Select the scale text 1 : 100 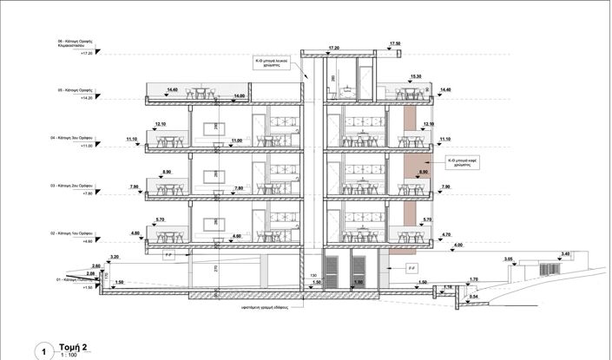pyautogui.click(x=69, y=355)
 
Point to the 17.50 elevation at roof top pyautogui.click(x=395, y=43)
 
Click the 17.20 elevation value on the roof pyautogui.click(x=334, y=49)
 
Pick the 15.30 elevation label pyautogui.click(x=415, y=76)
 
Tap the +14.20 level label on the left pyautogui.click(x=86, y=99)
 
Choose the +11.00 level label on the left pyautogui.click(x=85, y=146)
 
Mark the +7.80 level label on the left pyautogui.click(x=85, y=193)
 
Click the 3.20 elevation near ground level pyautogui.click(x=114, y=259)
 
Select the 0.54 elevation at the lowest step pyautogui.click(x=472, y=298)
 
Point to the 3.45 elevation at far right pyautogui.click(x=565, y=253)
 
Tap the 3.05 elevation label pyautogui.click(x=509, y=259)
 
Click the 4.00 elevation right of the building pyautogui.click(x=457, y=245)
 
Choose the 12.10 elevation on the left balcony pyautogui.click(x=160, y=124)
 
